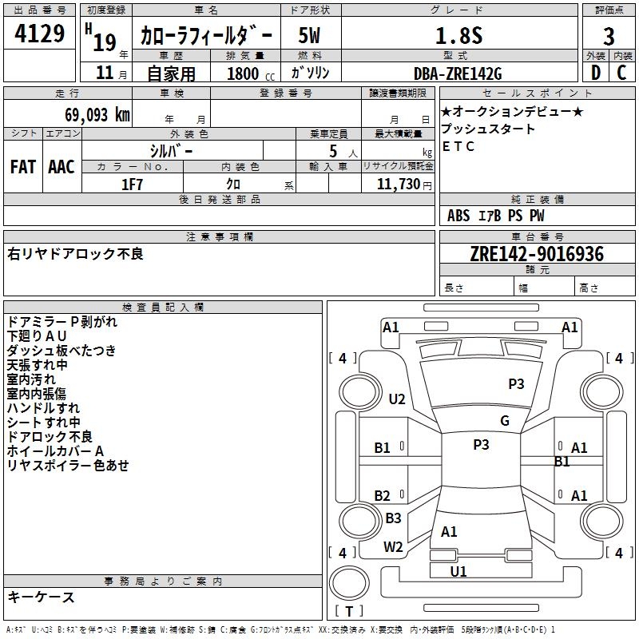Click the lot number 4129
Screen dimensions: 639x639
[x=40, y=35]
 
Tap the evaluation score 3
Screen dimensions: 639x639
[x=609, y=36]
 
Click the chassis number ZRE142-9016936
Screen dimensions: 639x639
[x=537, y=255]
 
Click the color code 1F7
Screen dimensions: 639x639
[x=133, y=184]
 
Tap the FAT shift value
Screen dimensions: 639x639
[x=22, y=167]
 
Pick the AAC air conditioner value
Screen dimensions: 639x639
[x=62, y=167]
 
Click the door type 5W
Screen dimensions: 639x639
[x=310, y=36]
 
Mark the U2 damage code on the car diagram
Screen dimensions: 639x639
[x=397, y=399]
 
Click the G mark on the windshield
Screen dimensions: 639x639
[x=505, y=421]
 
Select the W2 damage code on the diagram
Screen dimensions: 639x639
[x=393, y=547]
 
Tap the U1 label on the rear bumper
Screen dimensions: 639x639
[x=458, y=571]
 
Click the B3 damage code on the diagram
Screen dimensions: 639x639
[x=393, y=518]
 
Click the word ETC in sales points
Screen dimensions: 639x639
[x=458, y=146]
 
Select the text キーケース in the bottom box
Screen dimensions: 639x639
[x=42, y=597]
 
